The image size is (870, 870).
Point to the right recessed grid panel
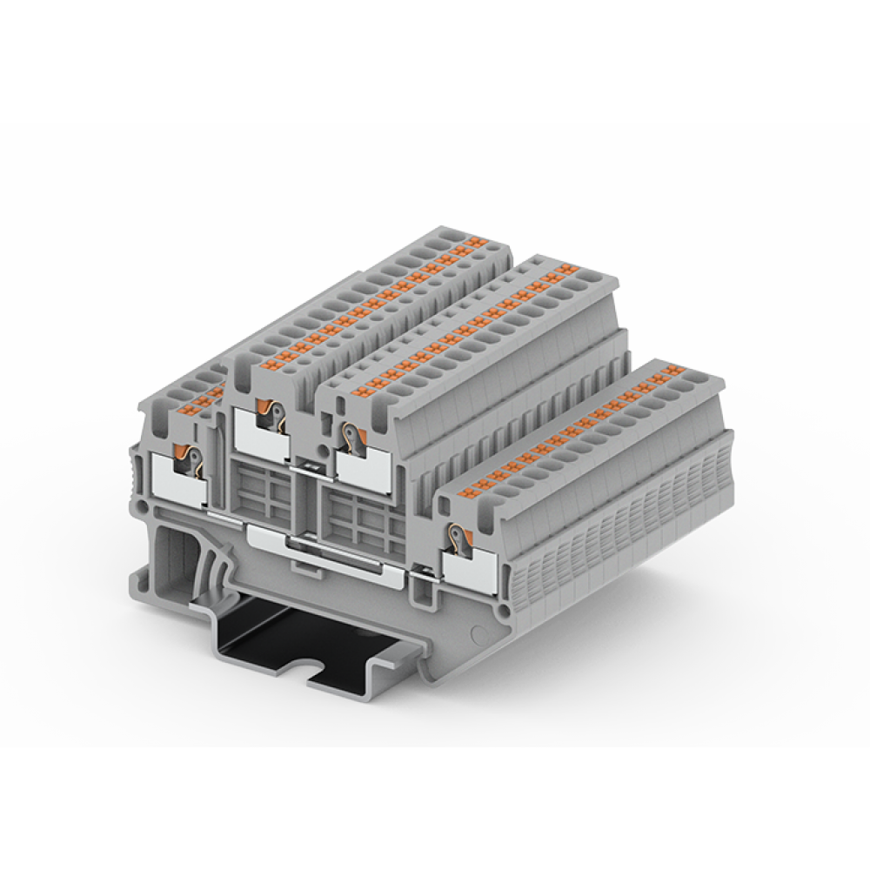click(x=363, y=519)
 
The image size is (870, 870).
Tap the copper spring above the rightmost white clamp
click(x=452, y=538)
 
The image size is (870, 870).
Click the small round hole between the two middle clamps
click(x=323, y=451)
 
